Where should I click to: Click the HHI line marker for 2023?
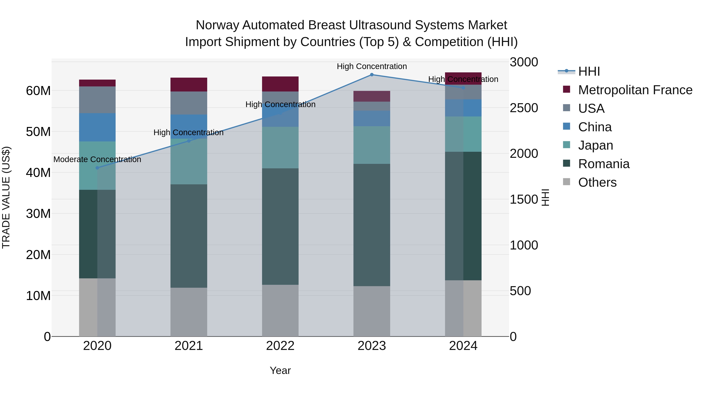pyautogui.click(x=372, y=75)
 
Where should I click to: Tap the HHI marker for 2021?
pyautogui.click(x=189, y=141)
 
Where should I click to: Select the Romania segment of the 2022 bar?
pyautogui.click(x=280, y=226)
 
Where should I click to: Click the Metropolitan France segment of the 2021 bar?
pyautogui.click(x=189, y=84)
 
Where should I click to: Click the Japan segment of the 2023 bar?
pyautogui.click(x=372, y=145)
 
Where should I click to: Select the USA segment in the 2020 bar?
pyautogui.click(x=97, y=100)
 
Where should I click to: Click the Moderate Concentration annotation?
pyautogui.click(x=97, y=160)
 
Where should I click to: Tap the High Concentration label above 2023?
pyautogui.click(x=372, y=66)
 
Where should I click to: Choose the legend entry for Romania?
pyautogui.click(x=604, y=164)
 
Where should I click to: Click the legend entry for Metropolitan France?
pyautogui.click(x=635, y=90)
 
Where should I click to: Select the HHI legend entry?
pyautogui.click(x=589, y=71)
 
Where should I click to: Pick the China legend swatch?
pyautogui.click(x=567, y=126)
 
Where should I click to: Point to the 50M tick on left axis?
pyautogui.click(x=38, y=132)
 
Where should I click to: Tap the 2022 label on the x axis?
pyautogui.click(x=280, y=346)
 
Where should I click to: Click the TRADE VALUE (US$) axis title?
pyautogui.click(x=6, y=197)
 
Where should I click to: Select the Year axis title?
pyautogui.click(x=280, y=370)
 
